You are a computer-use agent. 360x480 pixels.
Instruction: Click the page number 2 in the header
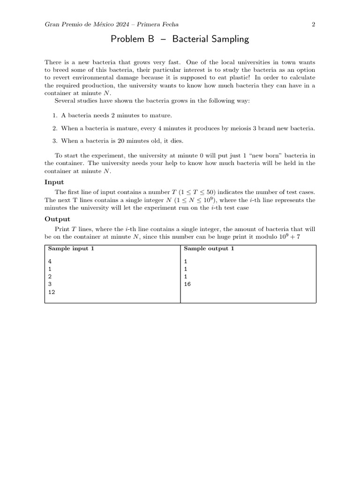[x=313, y=24]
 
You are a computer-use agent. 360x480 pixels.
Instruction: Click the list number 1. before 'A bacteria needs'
[x=55, y=115]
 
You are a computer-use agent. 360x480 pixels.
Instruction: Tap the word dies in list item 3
[x=176, y=141]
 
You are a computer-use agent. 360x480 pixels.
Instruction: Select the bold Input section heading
[x=54, y=182]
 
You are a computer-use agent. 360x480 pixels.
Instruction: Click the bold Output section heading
[x=57, y=219]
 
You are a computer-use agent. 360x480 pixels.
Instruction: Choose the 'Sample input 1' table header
[x=71, y=248]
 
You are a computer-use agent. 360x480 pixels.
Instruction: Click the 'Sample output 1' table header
[x=209, y=248]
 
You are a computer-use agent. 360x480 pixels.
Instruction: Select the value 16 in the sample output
[x=187, y=284]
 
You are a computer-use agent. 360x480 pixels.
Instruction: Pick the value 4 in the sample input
[x=50, y=261]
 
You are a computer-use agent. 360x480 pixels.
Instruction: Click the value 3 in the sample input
[x=50, y=284]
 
